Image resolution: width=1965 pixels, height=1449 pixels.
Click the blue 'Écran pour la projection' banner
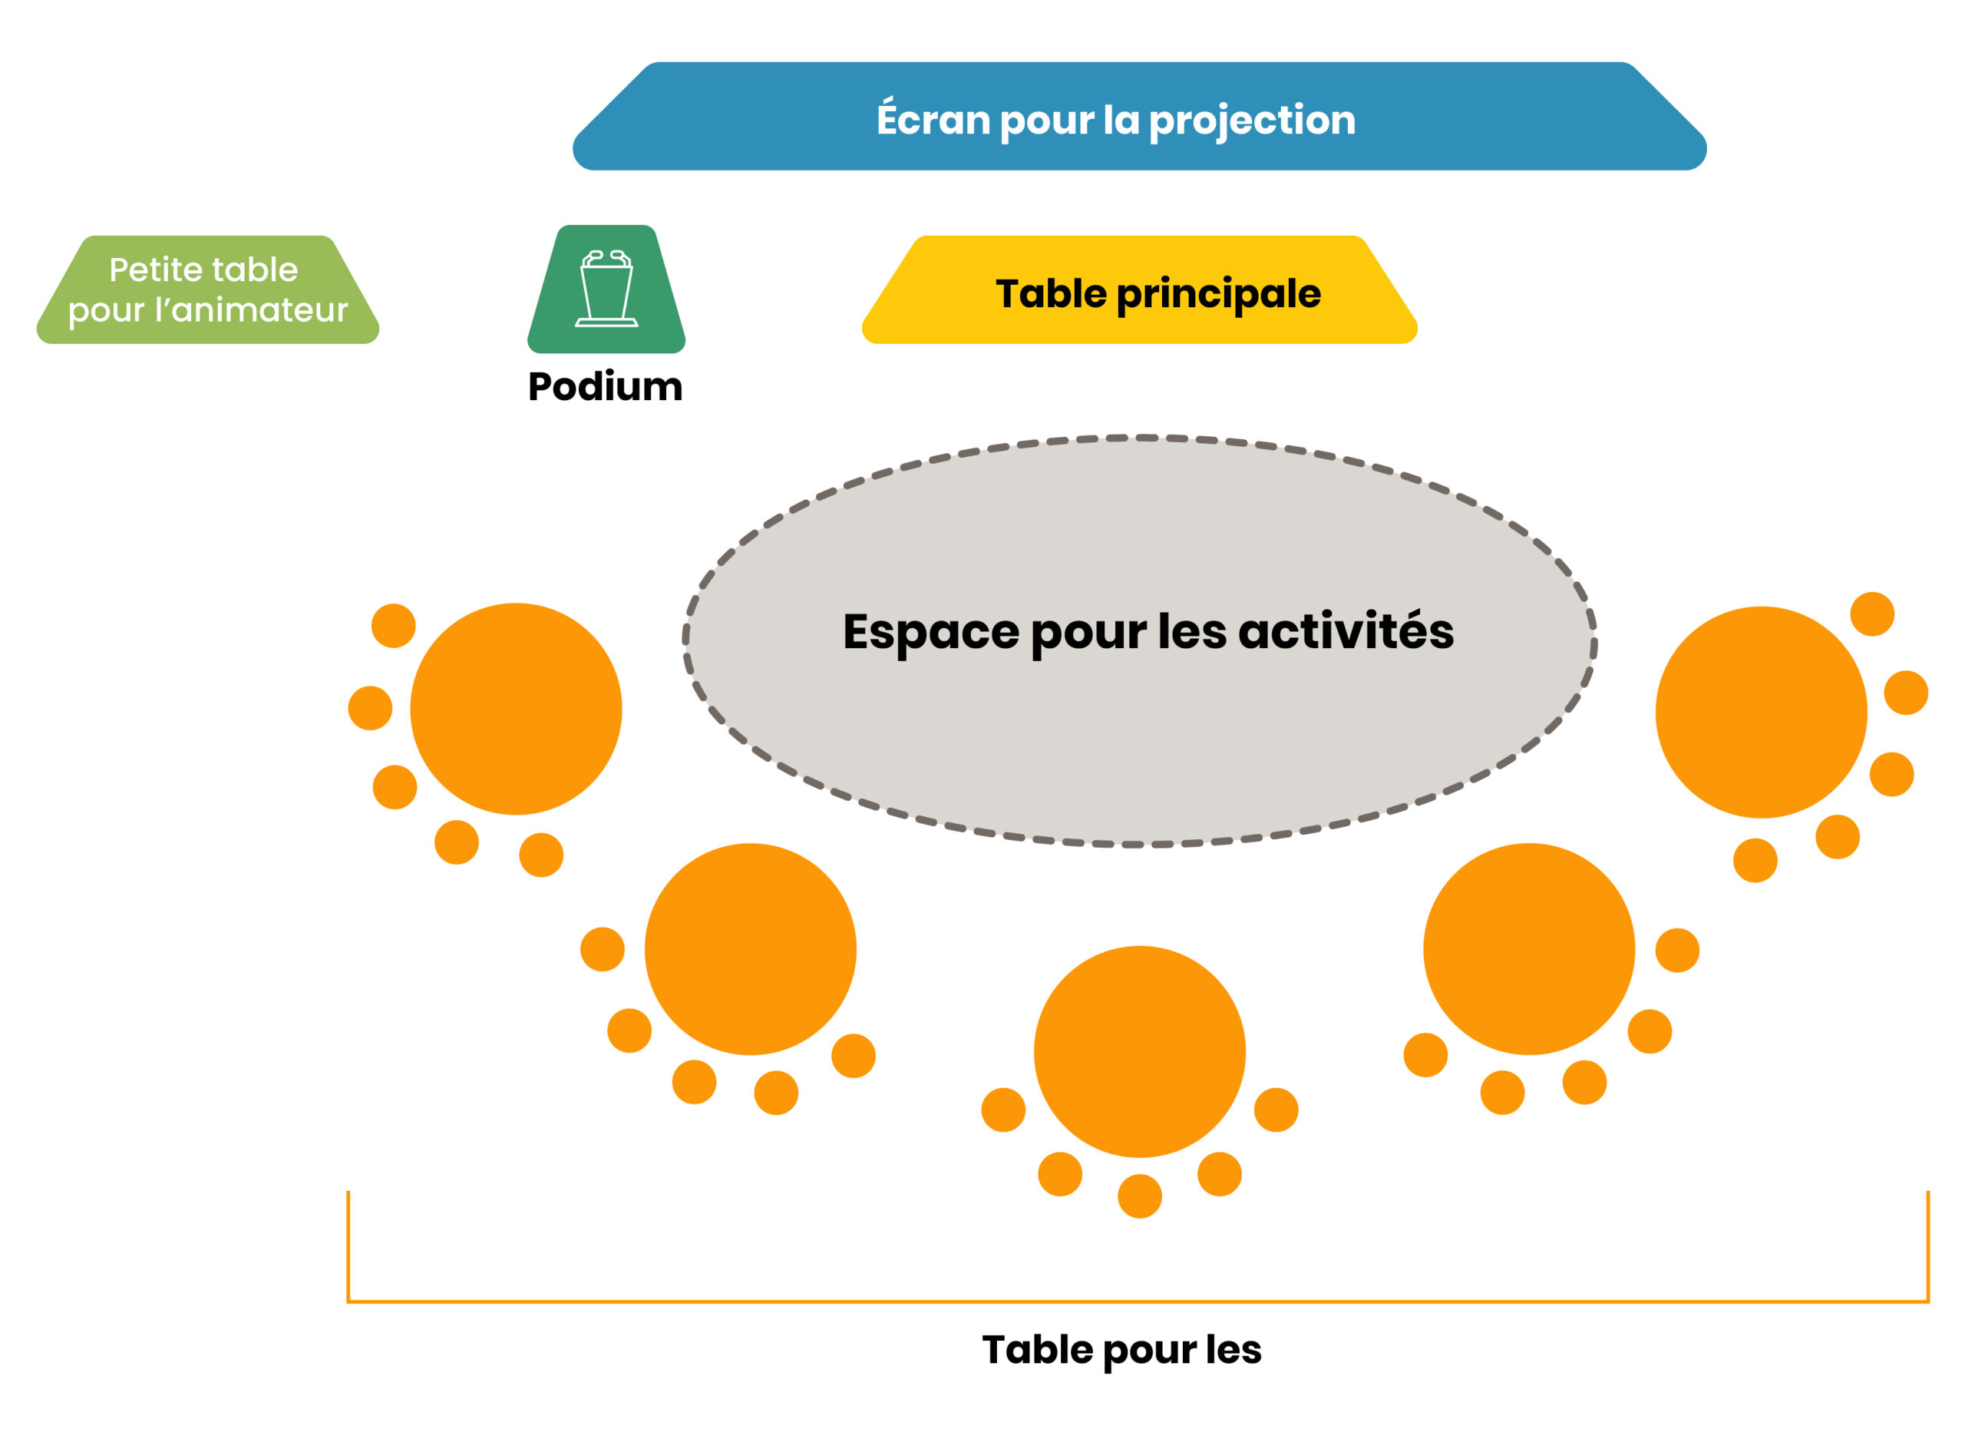click(1138, 116)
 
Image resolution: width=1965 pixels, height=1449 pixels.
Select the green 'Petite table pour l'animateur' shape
click(208, 289)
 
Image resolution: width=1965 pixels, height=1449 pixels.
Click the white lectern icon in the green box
click(606, 288)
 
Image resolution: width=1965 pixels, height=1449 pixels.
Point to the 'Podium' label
click(605, 386)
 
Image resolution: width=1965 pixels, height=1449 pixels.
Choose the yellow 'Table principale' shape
click(1139, 289)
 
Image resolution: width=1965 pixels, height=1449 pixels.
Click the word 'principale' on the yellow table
click(1218, 295)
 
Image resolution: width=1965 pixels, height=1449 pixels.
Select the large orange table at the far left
click(516, 709)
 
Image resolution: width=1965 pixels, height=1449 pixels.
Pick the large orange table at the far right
click(1761, 713)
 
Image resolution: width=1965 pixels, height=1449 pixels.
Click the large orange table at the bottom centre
click(1139, 1052)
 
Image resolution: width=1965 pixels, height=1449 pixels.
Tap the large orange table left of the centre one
click(750, 949)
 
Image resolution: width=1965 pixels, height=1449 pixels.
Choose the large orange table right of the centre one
click(1528, 949)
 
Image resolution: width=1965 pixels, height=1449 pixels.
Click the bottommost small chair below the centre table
click(1139, 1196)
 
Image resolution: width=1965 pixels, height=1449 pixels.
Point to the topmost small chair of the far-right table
click(1872, 614)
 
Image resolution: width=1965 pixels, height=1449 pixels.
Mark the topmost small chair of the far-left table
click(393, 625)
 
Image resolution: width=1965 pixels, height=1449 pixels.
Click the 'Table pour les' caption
click(1121, 1350)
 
